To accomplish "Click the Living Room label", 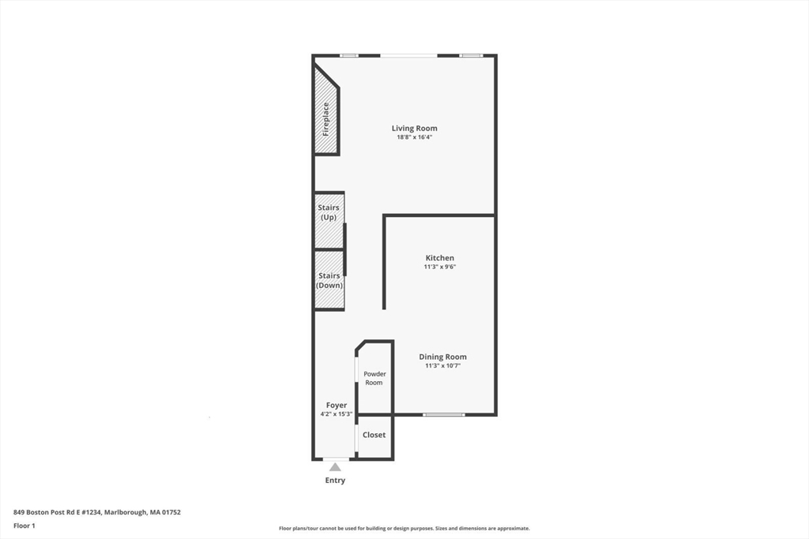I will click(414, 128).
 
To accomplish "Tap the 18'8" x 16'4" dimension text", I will click(414, 137).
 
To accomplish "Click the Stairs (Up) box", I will click(329, 221).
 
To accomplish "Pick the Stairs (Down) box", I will click(329, 280).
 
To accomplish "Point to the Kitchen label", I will click(439, 258).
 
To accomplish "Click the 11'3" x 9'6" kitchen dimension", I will click(439, 267).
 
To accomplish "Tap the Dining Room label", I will click(442, 357).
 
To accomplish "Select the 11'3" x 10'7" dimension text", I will click(442, 365).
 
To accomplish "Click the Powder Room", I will click(374, 378).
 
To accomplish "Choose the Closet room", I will click(374, 435).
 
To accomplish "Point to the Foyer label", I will click(337, 405).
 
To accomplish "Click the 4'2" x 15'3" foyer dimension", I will click(337, 414).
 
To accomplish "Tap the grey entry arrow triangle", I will click(335, 467).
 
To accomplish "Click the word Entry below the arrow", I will click(335, 481).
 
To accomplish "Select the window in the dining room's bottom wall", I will click(443, 414).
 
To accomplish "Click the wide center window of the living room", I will click(408, 55).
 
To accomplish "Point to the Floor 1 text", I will click(24, 525).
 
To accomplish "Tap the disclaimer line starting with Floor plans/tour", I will click(404, 529).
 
